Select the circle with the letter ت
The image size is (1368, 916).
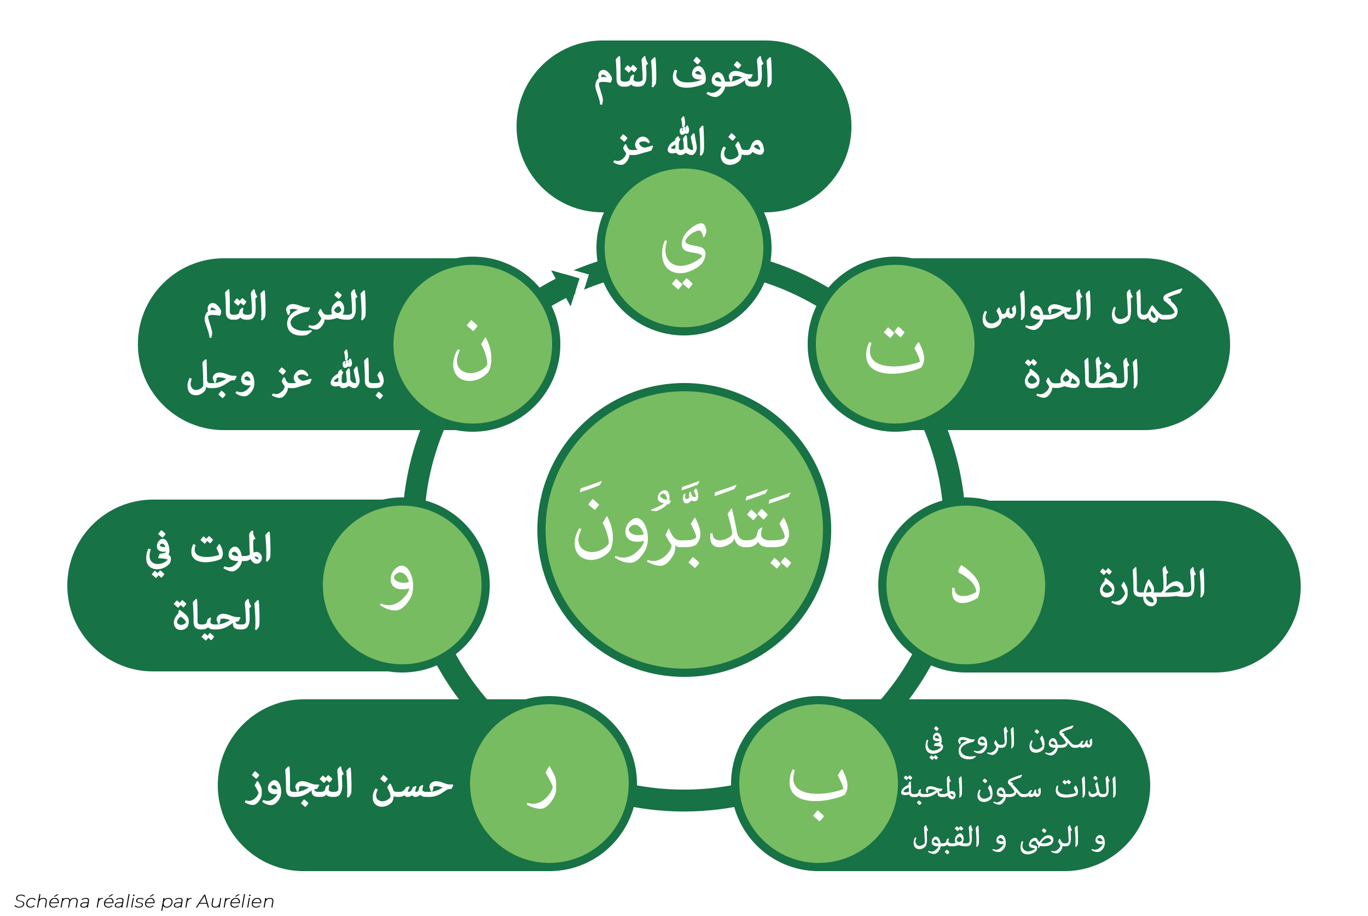pyautogui.click(x=895, y=344)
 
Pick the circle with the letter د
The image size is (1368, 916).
pyautogui.click(x=966, y=585)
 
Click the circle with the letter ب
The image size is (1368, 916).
pyautogui.click(x=819, y=784)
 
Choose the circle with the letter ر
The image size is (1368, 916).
pyautogui.click(x=549, y=784)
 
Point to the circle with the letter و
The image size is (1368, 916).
pyautogui.click(x=402, y=585)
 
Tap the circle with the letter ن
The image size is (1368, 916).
pyautogui.click(x=473, y=344)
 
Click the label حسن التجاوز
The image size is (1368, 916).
pyautogui.click(x=349, y=787)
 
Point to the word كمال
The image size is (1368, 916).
pyautogui.click(x=1145, y=306)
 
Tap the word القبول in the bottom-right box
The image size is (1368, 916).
pyautogui.click(x=946, y=838)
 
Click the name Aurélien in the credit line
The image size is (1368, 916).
pyautogui.click(x=235, y=901)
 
